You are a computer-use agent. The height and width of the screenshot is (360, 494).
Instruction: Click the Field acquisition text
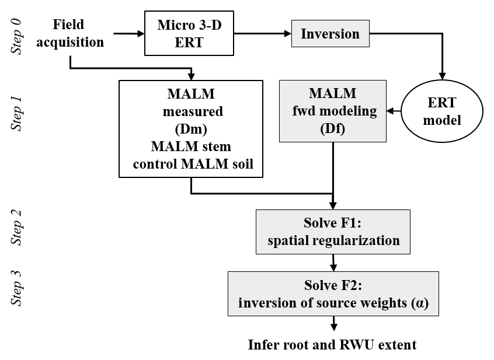click(69, 33)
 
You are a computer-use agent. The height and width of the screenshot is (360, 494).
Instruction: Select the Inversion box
click(331, 34)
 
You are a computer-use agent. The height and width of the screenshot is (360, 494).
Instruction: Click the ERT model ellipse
click(443, 111)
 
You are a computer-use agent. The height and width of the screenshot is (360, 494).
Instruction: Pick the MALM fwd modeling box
click(333, 111)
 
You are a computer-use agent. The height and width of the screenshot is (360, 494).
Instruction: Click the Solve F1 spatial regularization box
click(333, 232)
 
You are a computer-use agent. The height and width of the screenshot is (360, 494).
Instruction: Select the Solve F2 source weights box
click(333, 294)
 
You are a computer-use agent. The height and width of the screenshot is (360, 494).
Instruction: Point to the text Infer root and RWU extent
click(332, 345)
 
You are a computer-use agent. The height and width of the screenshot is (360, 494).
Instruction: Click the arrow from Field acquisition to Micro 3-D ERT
click(129, 34)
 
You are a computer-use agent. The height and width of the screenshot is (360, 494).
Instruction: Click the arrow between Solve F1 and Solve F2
click(333, 263)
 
